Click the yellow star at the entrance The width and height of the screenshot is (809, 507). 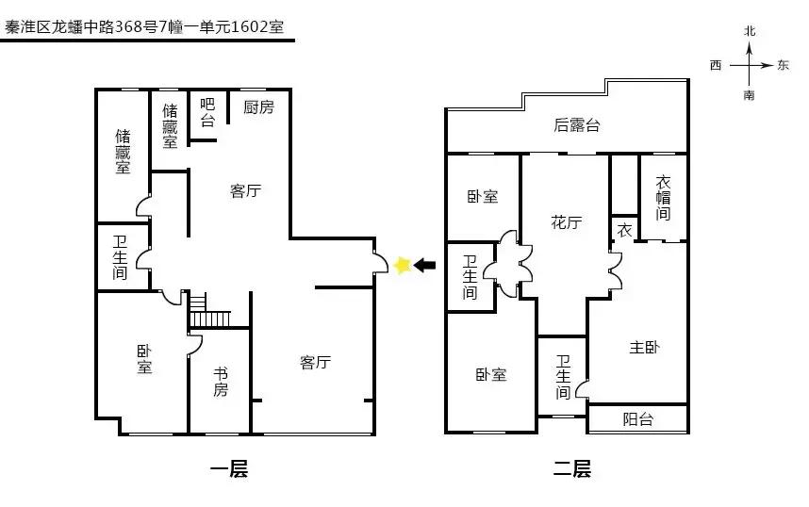tap(404, 266)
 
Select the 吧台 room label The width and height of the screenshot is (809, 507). tap(207, 113)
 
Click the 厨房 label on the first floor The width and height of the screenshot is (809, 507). tap(258, 107)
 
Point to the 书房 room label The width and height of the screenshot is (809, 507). tap(220, 381)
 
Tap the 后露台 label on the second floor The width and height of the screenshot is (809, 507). tap(576, 125)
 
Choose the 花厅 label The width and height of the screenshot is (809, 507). tap(566, 222)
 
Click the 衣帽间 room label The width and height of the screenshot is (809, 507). tap(663, 198)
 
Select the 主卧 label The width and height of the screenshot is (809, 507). tap(644, 348)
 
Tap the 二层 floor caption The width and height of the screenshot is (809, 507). tap(570, 468)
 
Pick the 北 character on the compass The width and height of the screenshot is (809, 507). tap(750, 31)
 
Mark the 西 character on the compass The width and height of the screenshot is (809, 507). tap(716, 65)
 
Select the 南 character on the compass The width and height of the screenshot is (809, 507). tap(750, 95)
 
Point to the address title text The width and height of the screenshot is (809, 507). tap(146, 25)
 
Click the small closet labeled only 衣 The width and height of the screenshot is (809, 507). tap(624, 229)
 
